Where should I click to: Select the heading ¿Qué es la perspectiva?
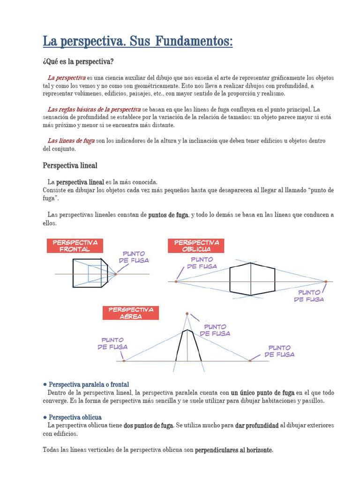click(78, 62)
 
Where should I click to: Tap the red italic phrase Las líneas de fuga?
click(71, 141)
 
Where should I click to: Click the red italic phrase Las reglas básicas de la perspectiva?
click(94, 109)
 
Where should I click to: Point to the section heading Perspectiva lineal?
click(70, 165)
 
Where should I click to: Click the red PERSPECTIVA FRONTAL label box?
click(75, 246)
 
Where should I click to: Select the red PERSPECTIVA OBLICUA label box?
click(196, 246)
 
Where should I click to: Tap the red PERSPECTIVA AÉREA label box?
click(131, 313)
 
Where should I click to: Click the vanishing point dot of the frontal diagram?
click(115, 274)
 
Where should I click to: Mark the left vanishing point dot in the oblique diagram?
click(176, 282)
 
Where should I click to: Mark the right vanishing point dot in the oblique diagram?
click(325, 282)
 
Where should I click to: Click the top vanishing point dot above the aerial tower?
click(187, 313)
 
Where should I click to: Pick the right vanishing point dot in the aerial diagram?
click(250, 360)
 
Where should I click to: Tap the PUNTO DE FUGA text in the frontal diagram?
click(134, 256)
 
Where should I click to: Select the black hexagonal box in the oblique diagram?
click(252, 279)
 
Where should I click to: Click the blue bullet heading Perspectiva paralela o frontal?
click(89, 384)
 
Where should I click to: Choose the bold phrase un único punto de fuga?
click(262, 393)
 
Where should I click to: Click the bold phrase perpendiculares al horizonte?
click(233, 450)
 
